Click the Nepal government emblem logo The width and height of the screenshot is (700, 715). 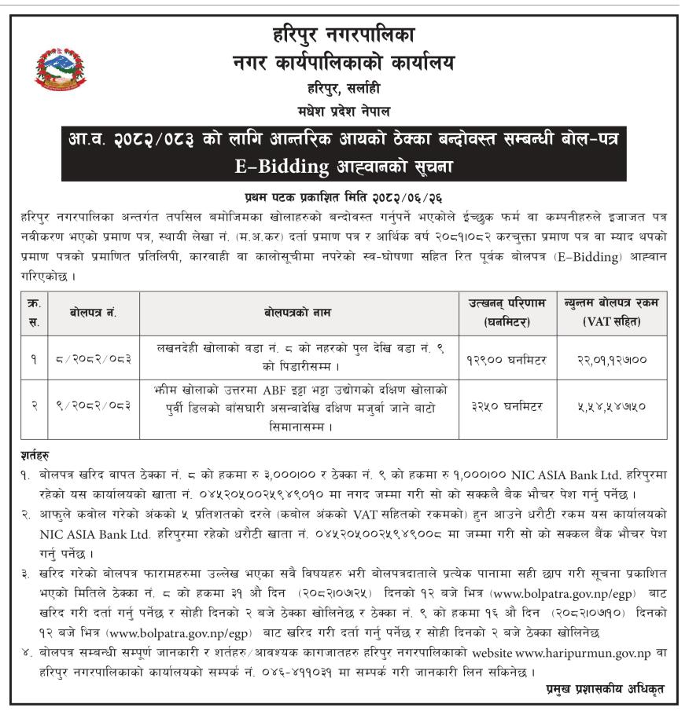61,68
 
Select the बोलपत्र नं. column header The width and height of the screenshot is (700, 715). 94,313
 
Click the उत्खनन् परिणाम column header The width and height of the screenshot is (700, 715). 507,313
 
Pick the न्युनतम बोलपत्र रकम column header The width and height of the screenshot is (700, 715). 612,313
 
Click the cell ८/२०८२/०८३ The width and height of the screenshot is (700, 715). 94,359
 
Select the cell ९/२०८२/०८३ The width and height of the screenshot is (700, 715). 94,405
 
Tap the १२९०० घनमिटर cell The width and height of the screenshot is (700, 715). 507,359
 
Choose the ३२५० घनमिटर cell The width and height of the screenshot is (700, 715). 507,405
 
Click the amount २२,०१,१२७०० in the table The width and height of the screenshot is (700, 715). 612,359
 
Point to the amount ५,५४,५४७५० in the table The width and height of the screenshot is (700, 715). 612,405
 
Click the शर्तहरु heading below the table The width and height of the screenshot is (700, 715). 38,455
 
